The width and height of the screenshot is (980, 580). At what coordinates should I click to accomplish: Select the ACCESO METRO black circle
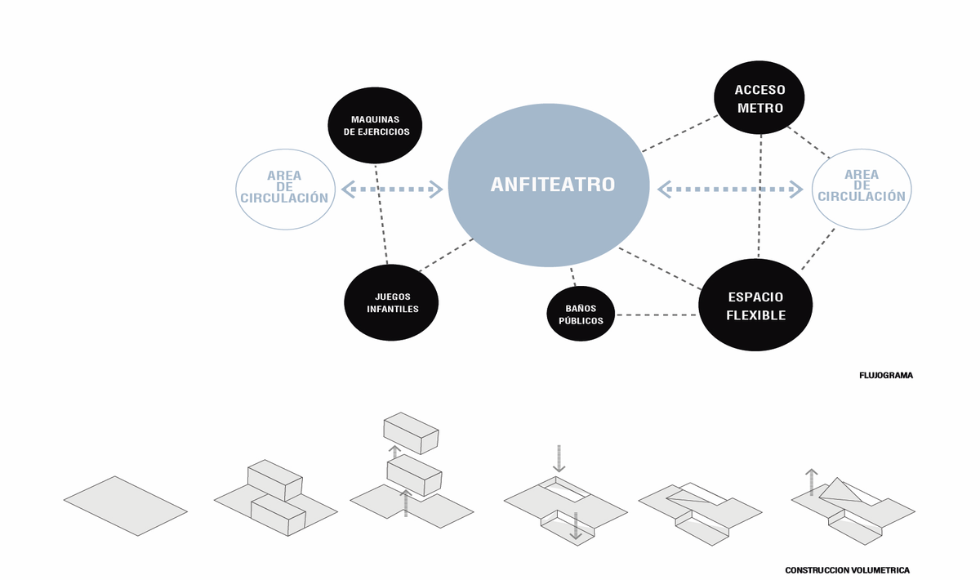point(759,98)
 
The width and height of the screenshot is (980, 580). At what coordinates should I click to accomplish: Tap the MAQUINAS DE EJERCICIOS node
point(375,125)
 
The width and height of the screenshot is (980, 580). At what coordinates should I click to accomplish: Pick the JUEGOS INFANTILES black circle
point(392,302)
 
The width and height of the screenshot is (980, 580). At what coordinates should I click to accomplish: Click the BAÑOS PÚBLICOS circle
point(581,315)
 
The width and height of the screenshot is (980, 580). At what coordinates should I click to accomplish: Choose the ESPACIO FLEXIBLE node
point(755,305)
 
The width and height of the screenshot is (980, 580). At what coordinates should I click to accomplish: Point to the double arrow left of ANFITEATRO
point(392,190)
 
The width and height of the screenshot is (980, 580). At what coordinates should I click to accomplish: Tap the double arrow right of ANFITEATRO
point(730,190)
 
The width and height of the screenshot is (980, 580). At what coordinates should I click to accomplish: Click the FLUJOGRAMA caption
point(886,376)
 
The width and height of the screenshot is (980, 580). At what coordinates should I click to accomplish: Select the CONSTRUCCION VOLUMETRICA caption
point(847,570)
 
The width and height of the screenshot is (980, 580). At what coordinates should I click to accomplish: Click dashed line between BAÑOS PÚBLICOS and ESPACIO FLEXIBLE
point(657,315)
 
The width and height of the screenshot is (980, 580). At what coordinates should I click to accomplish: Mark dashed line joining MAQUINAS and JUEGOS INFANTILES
point(381,214)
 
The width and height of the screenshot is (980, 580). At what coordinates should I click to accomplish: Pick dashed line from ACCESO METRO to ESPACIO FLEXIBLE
point(760,196)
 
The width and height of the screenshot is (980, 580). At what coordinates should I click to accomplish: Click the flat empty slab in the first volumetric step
point(126,506)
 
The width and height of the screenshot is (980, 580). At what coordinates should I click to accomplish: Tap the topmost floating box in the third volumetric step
point(411,431)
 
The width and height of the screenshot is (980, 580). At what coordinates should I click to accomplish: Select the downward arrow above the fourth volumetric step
point(559,457)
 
